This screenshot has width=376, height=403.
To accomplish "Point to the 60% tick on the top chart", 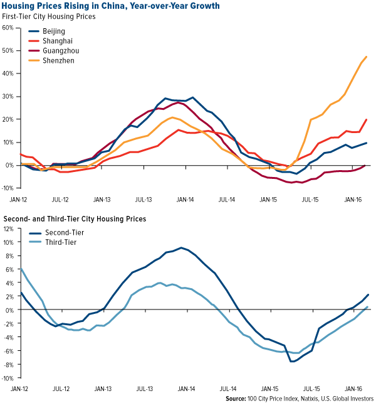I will (9, 27).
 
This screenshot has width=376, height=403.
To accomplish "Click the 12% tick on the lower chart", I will (9, 228).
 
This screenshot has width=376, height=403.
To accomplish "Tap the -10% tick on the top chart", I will (8, 188).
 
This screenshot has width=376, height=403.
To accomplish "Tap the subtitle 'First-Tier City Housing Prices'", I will (49, 16).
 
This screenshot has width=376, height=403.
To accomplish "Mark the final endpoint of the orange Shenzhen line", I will (367, 56).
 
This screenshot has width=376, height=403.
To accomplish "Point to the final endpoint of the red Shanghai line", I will (367, 119).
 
